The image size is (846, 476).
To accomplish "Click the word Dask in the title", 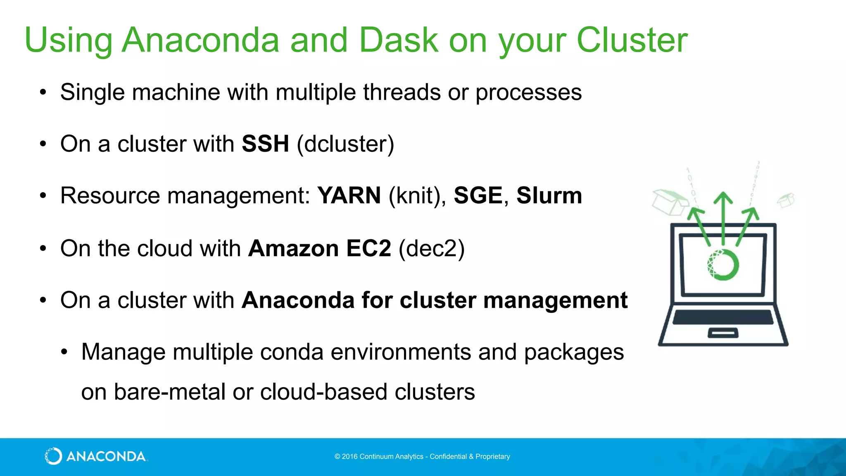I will pos(398,40).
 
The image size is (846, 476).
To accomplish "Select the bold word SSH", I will pos(265,144).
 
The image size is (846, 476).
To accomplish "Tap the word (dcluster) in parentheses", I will pos(345,144).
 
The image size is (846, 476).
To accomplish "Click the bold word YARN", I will pos(349,195).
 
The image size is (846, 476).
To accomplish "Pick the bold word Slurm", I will pos(549,195).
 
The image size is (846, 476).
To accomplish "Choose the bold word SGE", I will pos(478,195).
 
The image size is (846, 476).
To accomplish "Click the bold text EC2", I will pos(368,248).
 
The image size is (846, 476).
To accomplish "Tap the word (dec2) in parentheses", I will pos(432,248).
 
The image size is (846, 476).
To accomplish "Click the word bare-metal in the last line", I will pos(169,392).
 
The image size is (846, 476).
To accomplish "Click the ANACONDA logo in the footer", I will pos(95,456).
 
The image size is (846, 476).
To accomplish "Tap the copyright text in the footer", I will pos(422,457).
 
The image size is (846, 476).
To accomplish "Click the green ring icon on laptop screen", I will pos(722,264).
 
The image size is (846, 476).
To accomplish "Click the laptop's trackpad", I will pos(723,333).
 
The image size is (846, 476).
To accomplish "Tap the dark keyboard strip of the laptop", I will pos(723,317).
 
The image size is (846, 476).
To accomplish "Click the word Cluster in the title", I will pos(632,40).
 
